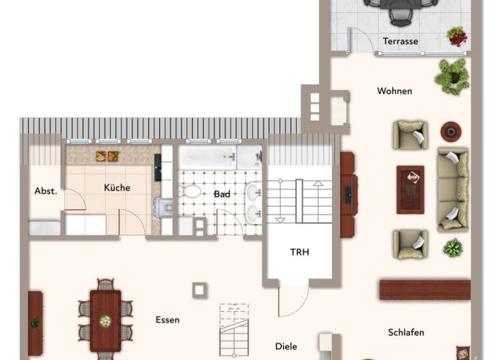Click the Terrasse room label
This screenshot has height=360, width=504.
[400, 41]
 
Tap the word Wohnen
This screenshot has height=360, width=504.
[395, 91]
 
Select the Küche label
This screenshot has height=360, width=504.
[117, 187]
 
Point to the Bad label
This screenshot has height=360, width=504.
[222, 194]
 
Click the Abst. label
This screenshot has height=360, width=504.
[45, 191]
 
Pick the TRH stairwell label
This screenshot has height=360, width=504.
[300, 252]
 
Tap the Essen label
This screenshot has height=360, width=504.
[168, 320]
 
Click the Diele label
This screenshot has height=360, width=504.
[286, 346]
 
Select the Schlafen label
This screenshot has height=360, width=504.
[406, 333]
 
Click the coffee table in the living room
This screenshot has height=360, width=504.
[410, 189]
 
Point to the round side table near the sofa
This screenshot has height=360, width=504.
[451, 132]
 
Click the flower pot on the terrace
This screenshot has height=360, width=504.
[457, 36]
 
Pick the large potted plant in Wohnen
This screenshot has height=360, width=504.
[452, 77]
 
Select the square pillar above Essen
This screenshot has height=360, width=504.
[199, 290]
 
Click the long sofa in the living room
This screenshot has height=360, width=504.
[453, 189]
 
